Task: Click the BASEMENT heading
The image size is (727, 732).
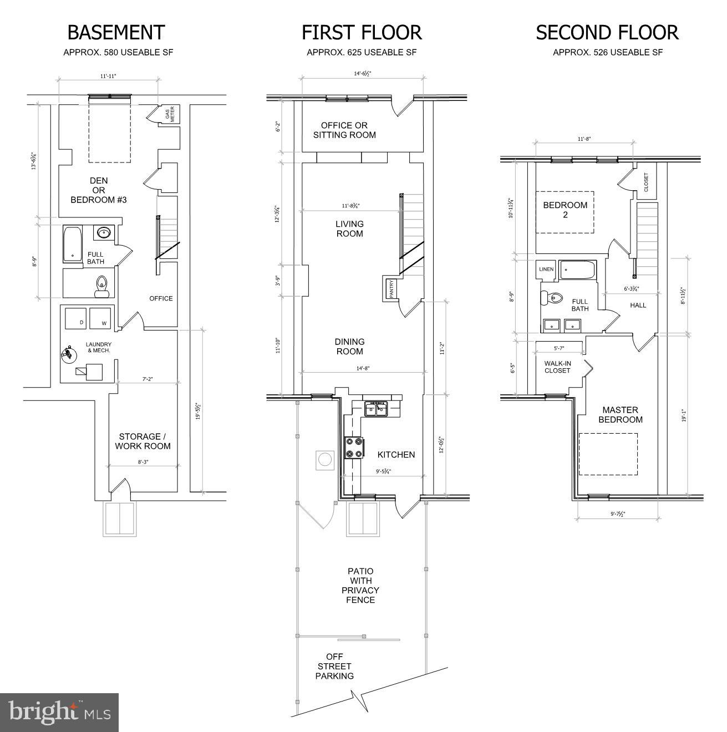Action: point(116,33)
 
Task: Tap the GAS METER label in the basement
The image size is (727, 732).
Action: point(169,115)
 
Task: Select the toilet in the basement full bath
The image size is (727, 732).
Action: point(101,284)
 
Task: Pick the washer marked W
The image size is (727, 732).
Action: point(100,318)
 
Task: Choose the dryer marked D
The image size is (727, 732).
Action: point(75,318)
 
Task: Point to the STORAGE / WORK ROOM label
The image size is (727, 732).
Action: point(143,441)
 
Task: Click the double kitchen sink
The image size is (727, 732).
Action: point(377,409)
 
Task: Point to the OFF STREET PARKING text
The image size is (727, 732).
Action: point(334,666)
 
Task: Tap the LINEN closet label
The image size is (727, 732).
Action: point(546,270)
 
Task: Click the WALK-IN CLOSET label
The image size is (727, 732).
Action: point(557,367)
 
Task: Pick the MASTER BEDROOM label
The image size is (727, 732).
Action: point(620,415)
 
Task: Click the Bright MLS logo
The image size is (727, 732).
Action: point(59,713)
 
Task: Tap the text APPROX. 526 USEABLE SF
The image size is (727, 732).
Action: point(607,53)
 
